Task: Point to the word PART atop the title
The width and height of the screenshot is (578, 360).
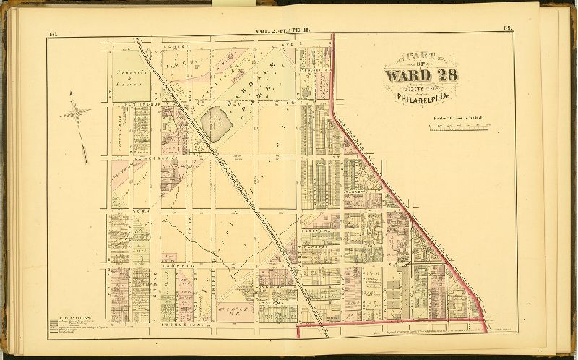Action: click(419, 56)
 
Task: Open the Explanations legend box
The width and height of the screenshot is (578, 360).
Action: click(72, 322)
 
